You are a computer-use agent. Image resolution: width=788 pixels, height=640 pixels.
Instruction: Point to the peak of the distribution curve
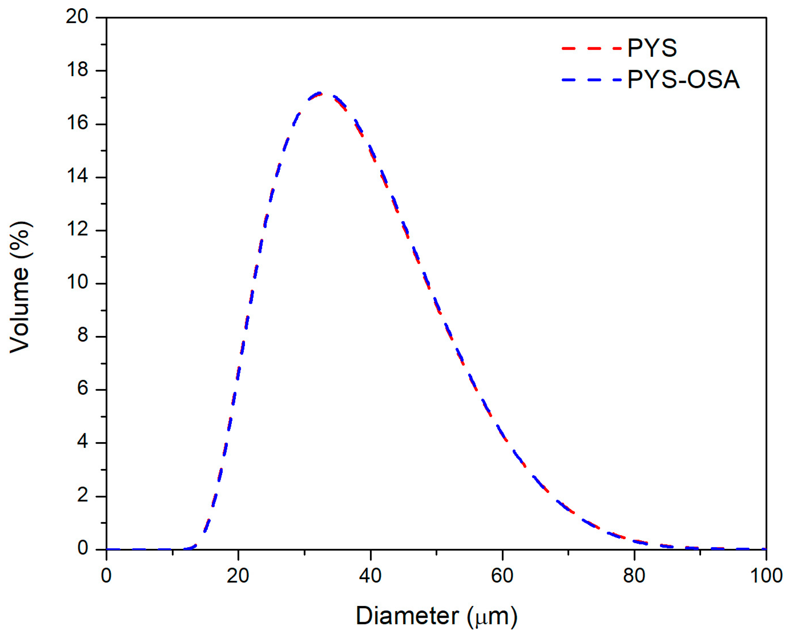(x=319, y=93)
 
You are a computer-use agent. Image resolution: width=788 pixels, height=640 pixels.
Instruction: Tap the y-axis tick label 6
(x=83, y=389)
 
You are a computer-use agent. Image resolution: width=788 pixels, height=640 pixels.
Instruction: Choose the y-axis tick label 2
(x=83, y=495)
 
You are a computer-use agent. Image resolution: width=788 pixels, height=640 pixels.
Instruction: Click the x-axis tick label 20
(x=238, y=576)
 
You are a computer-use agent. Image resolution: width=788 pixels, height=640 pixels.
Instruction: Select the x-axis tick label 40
(x=370, y=576)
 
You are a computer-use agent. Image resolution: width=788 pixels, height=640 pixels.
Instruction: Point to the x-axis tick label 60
(x=502, y=576)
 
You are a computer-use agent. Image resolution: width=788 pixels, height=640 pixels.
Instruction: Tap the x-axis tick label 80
(x=634, y=576)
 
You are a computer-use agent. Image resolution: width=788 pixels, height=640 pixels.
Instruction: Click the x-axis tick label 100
(x=766, y=576)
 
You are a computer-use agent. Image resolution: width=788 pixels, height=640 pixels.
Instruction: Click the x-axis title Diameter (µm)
(x=436, y=615)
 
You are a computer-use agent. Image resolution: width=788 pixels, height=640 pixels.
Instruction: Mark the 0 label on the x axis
(x=106, y=576)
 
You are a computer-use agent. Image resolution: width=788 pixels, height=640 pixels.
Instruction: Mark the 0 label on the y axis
(x=83, y=548)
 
